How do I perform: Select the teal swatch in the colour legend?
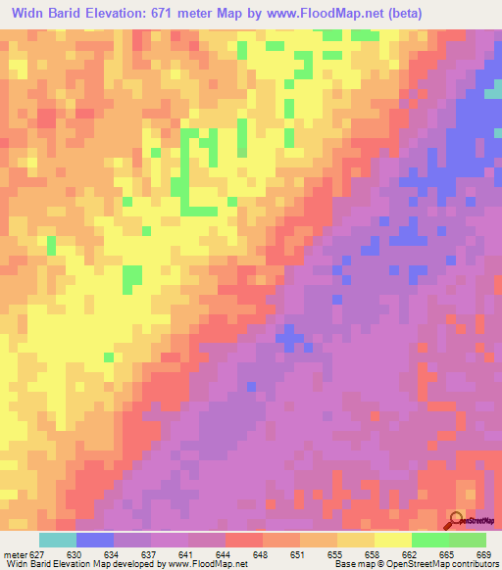coord(58,540)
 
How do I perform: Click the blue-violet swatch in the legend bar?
coord(95,540)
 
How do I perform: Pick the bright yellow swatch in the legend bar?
coord(393,540)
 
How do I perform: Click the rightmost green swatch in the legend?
coord(468,540)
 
